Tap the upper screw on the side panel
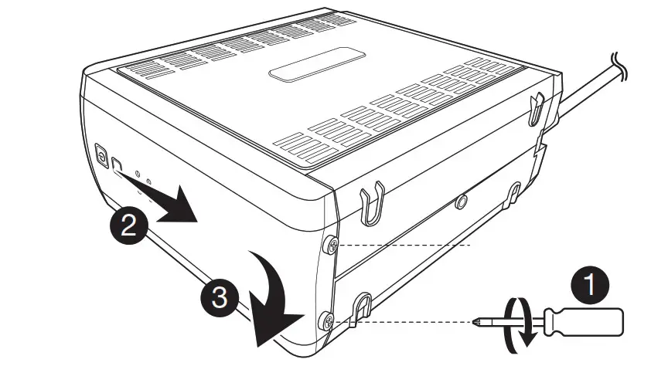point(330,246)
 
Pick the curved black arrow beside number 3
point(271,297)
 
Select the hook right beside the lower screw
point(360,307)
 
